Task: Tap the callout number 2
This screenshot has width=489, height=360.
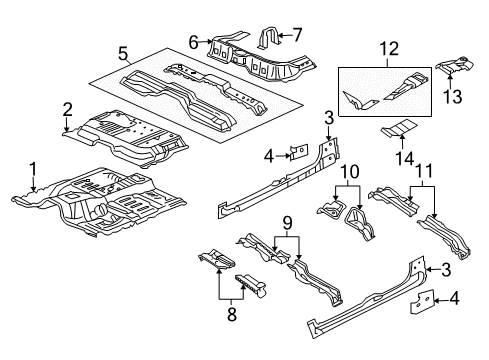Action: coord(67,109)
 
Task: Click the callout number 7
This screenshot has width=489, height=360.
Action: coord(296,36)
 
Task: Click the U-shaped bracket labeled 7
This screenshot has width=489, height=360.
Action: coord(269,39)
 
